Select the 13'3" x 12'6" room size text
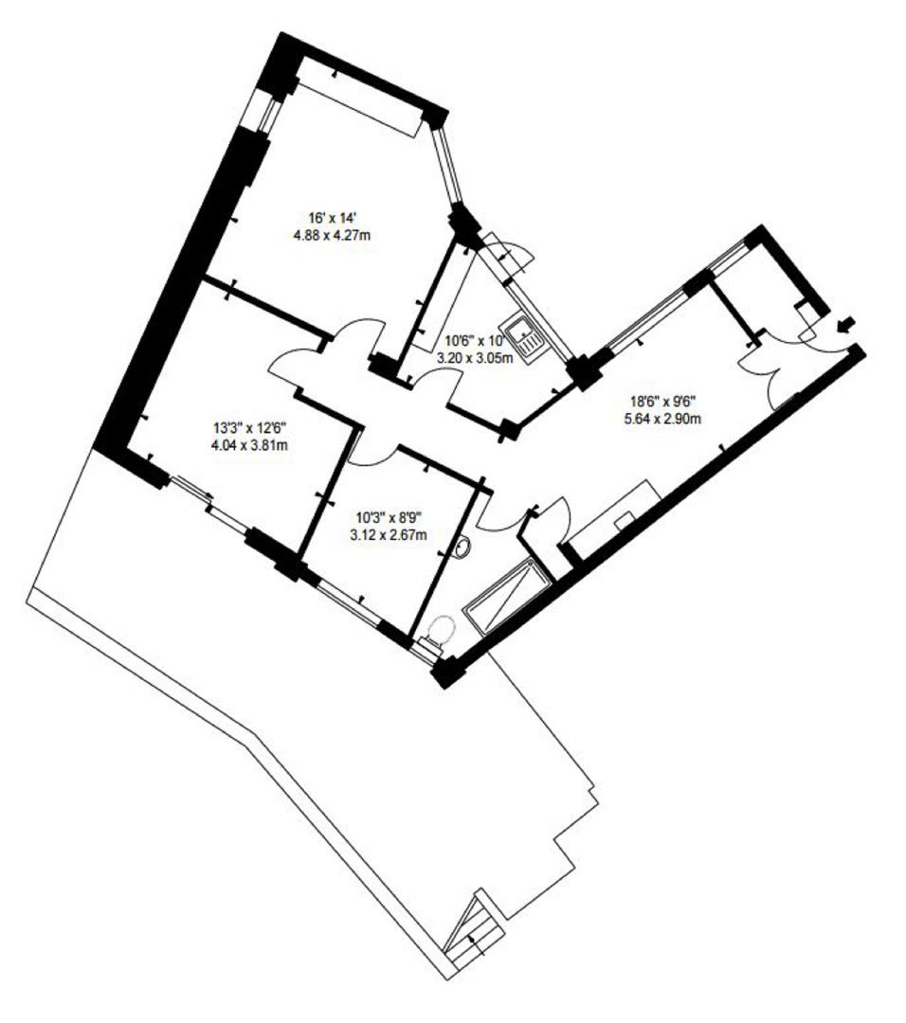[x=249, y=426]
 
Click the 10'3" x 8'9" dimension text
[x=388, y=517]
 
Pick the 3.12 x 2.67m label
[x=388, y=534]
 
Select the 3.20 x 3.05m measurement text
[x=474, y=358]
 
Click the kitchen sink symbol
[x=522, y=332]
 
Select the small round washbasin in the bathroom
[x=463, y=547]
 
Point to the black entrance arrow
[x=847, y=325]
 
